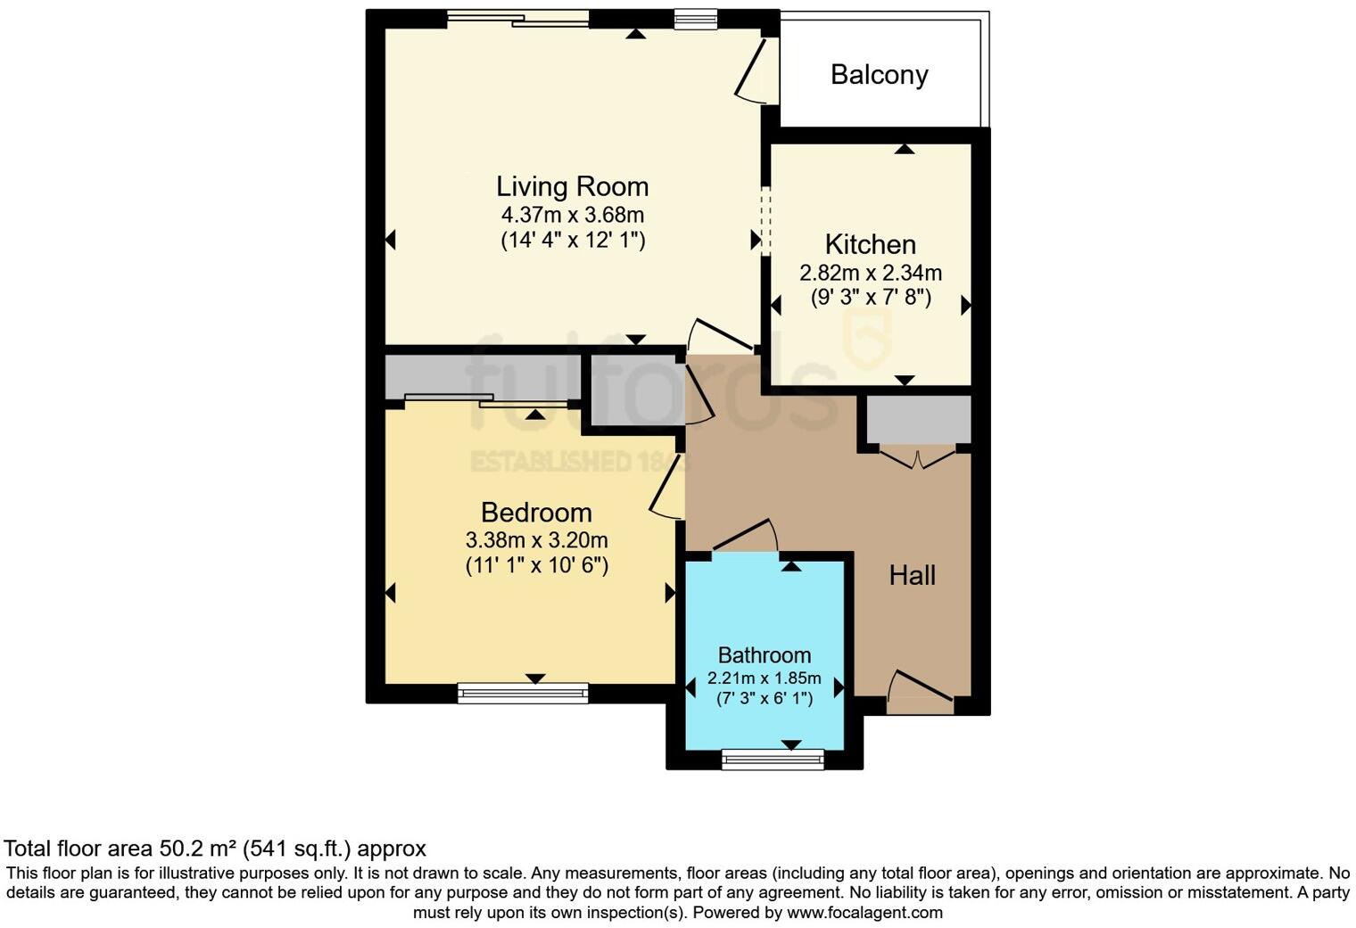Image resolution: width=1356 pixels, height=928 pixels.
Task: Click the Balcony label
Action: [879, 75]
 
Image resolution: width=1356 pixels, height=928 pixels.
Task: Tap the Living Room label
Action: [572, 186]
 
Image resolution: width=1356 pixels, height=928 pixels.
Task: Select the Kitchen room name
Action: [870, 244]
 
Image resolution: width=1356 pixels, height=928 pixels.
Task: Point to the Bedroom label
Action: [536, 513]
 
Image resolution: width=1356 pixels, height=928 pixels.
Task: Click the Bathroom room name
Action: [765, 655]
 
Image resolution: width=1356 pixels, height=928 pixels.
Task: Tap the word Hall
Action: [912, 575]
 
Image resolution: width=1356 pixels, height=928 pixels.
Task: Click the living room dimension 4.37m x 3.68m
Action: [572, 215]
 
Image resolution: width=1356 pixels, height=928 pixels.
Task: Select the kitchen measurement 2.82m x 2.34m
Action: [870, 273]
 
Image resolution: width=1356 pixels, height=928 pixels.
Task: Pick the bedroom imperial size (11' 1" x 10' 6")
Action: [536, 565]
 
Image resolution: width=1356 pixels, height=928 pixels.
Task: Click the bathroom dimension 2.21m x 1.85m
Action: [765, 678]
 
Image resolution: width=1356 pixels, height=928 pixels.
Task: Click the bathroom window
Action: [773, 759]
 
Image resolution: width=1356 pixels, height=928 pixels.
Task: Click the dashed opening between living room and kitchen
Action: [765, 222]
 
